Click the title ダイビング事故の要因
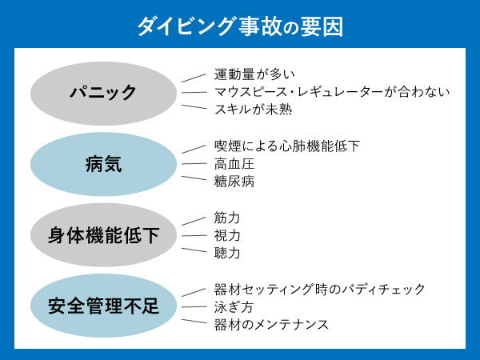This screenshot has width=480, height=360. click(x=240, y=27)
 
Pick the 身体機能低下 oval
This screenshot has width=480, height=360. click(x=102, y=235)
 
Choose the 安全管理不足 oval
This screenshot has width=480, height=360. click(x=102, y=306)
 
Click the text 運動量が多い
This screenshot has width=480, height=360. click(x=255, y=75)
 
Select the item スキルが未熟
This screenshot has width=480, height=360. click(x=253, y=110)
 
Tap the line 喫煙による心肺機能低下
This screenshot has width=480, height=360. click(x=287, y=146)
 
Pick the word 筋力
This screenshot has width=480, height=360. click(x=226, y=218)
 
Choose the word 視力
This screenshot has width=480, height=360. click(x=226, y=235)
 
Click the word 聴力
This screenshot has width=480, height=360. click(x=226, y=253)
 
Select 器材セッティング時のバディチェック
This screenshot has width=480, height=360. click(x=319, y=289)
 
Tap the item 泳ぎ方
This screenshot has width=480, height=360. click(x=231, y=306)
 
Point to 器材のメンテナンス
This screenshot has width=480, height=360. click(x=271, y=324)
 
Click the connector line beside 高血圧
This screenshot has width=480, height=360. click(x=194, y=164)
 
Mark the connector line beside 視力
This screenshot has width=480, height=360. click(x=194, y=235)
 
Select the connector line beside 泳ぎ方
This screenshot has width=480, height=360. click(x=194, y=306)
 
